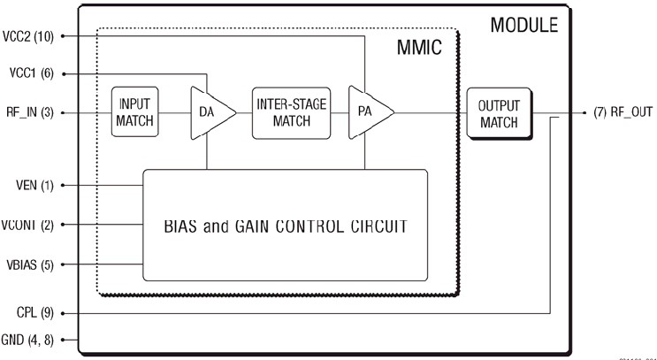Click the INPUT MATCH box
click(135, 112)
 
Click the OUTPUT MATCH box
click(499, 114)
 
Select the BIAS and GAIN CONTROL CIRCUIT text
click(286, 226)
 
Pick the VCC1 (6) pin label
click(28, 74)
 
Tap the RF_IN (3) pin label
click(28, 113)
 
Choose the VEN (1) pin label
click(28, 186)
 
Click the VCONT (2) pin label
click(28, 225)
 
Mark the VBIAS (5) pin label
click(28, 264)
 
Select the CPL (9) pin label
click(28, 312)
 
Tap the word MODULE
click(524, 24)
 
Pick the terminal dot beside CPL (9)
click(65, 312)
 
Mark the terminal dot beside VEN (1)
click(65, 186)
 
